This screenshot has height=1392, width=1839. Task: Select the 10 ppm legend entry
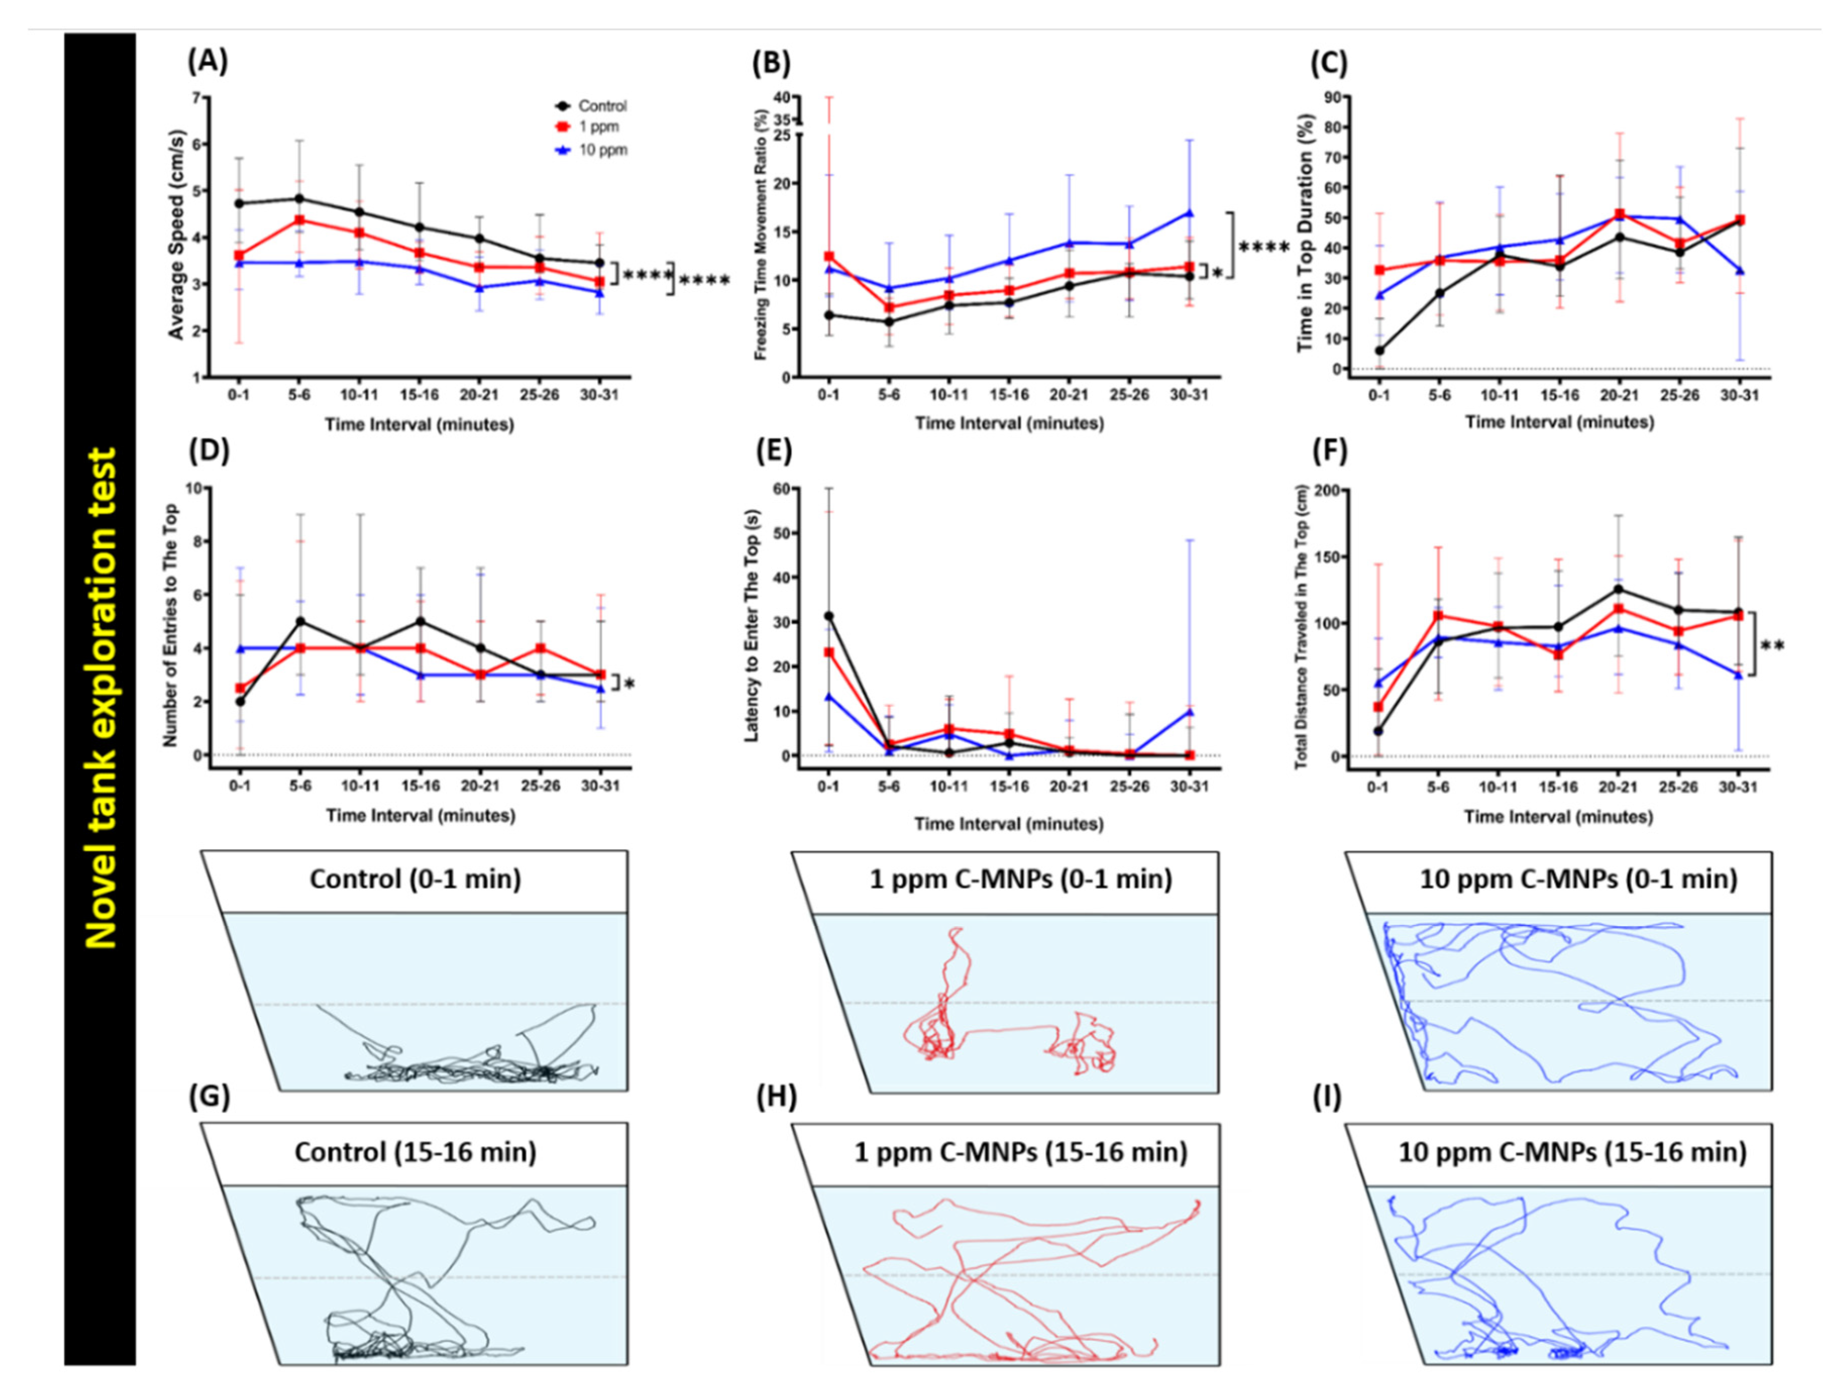click(x=602, y=150)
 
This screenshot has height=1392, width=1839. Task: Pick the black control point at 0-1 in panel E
click(x=828, y=616)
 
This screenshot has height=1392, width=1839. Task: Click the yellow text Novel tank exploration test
click(x=100, y=698)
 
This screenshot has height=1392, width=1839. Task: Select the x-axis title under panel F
click(x=1559, y=816)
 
